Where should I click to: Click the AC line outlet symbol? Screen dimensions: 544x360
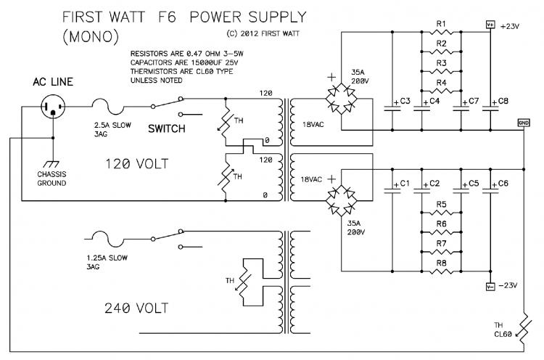53,106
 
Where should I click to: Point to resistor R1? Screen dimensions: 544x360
441,32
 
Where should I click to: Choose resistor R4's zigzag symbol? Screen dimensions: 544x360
441,91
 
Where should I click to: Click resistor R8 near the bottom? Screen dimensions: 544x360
441,271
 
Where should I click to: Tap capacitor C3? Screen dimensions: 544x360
392,108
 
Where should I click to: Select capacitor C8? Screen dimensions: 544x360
490,108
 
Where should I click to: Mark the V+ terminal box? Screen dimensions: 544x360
490,25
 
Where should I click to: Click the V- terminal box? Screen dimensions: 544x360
490,287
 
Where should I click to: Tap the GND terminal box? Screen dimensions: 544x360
524,123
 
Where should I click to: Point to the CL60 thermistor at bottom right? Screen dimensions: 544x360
524,328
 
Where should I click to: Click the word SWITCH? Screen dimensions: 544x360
167,128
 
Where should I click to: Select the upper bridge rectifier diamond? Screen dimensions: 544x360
342,99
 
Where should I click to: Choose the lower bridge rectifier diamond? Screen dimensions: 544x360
342,201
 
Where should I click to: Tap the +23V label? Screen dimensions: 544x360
510,26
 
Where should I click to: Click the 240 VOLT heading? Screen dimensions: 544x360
136,308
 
